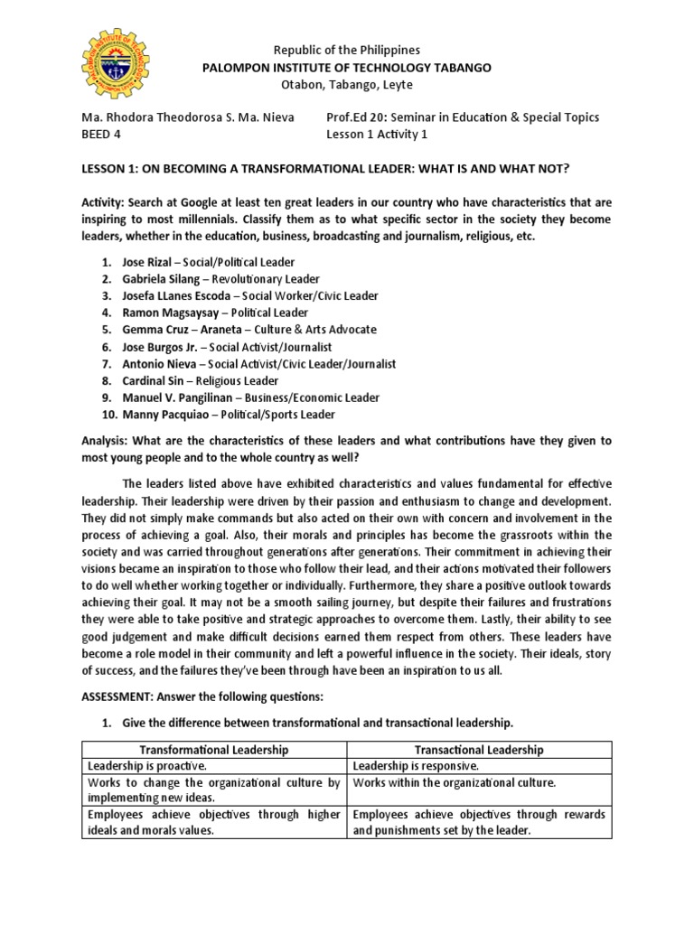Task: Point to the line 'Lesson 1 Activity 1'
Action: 376,135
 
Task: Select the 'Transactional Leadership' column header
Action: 480,750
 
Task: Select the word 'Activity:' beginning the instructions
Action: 107,203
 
